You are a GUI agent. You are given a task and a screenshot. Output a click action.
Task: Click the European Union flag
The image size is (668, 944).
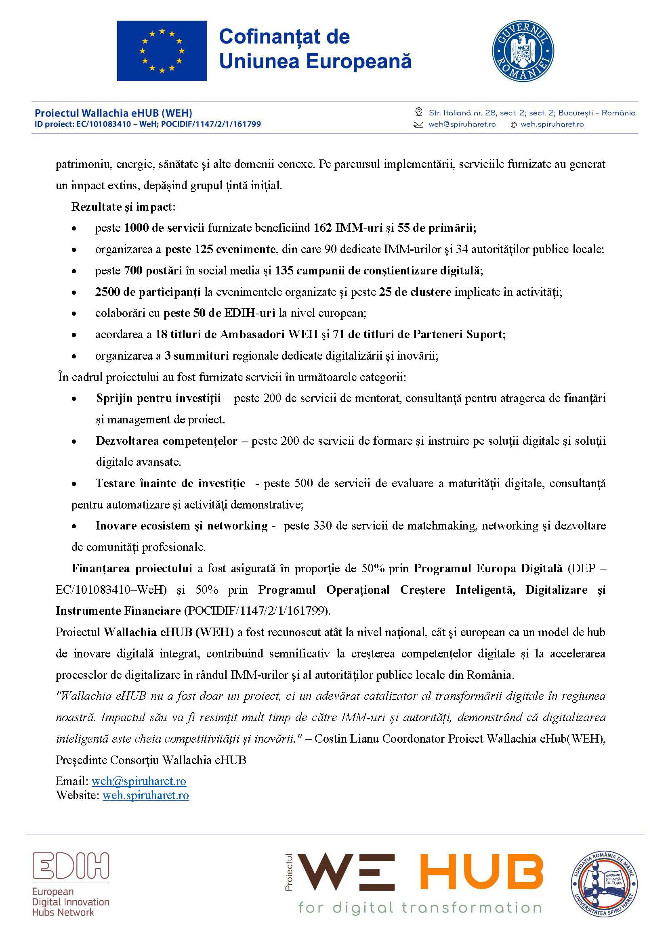(x=162, y=50)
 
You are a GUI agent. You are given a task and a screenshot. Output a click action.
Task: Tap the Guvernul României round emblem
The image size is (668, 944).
(x=523, y=51)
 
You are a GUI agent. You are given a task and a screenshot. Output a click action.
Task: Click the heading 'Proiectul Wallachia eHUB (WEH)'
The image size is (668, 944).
(x=113, y=113)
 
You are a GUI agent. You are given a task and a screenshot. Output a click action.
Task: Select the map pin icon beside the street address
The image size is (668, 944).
(x=419, y=112)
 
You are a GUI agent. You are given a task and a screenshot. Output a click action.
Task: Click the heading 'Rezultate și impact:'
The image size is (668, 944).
(x=123, y=207)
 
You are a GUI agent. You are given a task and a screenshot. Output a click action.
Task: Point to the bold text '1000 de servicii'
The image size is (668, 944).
(x=164, y=228)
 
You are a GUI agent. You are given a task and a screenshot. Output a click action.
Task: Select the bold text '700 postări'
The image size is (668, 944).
(x=153, y=270)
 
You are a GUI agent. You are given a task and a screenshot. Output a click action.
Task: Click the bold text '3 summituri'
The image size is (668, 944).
(x=196, y=356)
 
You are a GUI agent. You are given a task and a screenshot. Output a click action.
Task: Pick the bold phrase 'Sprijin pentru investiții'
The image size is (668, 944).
(x=158, y=398)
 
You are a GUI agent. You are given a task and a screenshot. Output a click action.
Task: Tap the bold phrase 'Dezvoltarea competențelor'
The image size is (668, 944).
(x=166, y=441)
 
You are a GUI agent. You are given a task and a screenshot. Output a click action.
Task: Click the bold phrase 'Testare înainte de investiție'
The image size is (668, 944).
(x=170, y=483)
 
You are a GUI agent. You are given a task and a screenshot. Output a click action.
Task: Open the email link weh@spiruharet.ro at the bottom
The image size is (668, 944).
(x=139, y=781)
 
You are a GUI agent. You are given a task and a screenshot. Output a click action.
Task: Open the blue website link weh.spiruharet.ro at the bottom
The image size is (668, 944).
(x=146, y=795)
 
